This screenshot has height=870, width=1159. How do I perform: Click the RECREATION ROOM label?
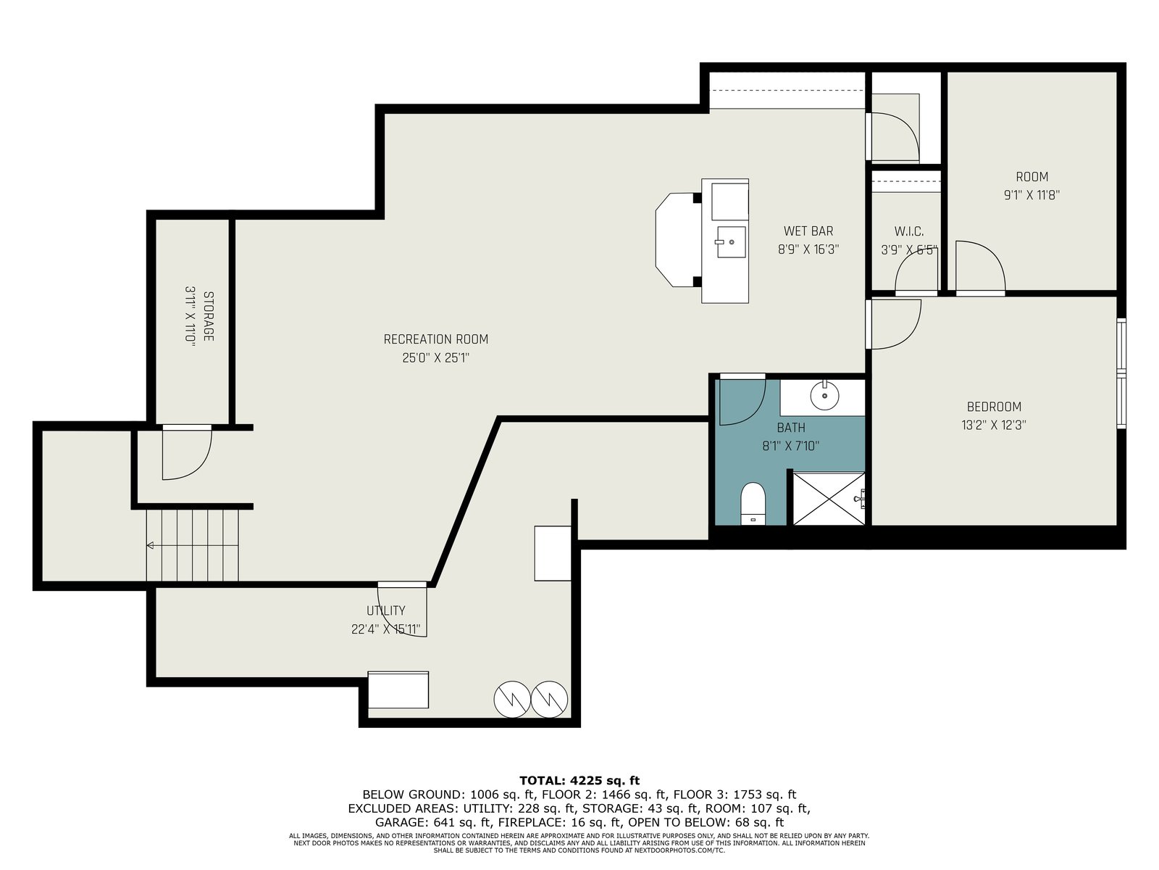pyautogui.click(x=435, y=339)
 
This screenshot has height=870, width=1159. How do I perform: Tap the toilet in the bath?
pyautogui.click(x=753, y=503)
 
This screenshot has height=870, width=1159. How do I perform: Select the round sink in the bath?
pyautogui.click(x=824, y=395)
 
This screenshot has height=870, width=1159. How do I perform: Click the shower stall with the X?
pyautogui.click(x=828, y=499)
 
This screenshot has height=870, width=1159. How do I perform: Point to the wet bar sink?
pyautogui.click(x=731, y=242)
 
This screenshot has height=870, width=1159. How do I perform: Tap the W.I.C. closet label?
pyautogui.click(x=908, y=231)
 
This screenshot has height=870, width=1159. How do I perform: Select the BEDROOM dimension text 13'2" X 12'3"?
pyautogui.click(x=993, y=426)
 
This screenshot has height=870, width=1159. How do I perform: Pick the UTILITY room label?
pyautogui.click(x=386, y=610)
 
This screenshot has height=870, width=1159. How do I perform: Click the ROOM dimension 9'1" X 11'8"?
pyautogui.click(x=1032, y=195)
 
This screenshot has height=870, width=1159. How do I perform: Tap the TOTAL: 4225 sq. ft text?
pyautogui.click(x=579, y=781)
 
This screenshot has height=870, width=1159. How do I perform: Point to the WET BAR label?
pyautogui.click(x=808, y=231)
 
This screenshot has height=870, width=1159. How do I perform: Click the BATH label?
pyautogui.click(x=791, y=427)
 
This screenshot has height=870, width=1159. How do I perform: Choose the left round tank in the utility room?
pyautogui.click(x=511, y=700)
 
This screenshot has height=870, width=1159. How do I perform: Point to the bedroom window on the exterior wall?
pyautogui.click(x=1121, y=373)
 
